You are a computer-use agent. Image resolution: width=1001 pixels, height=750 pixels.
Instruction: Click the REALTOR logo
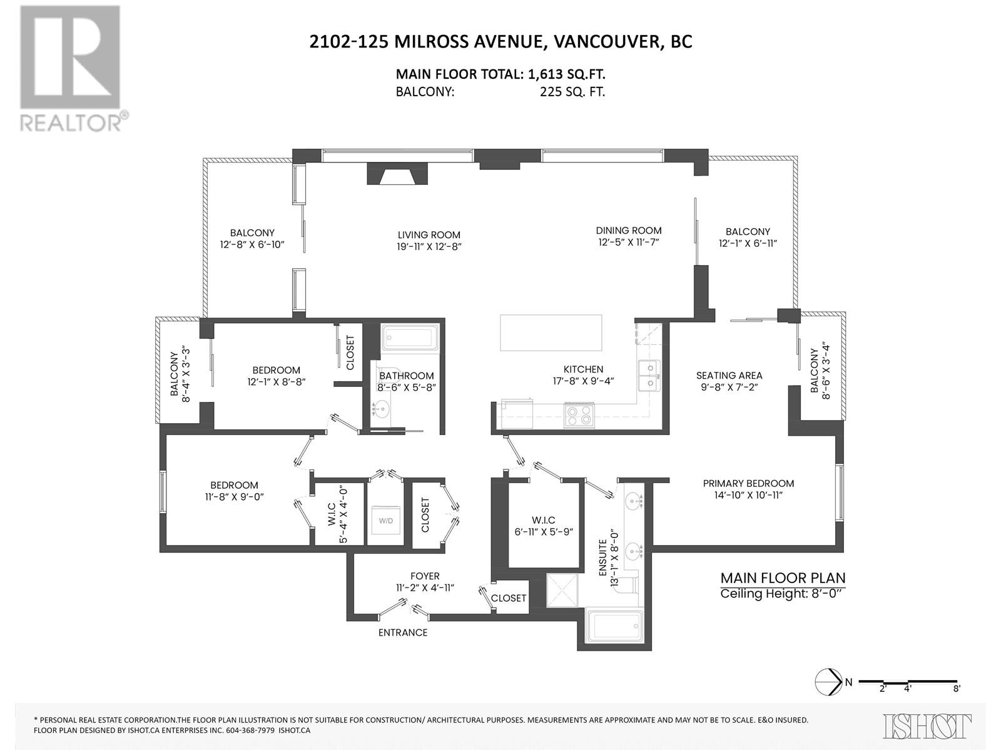coord(74,68)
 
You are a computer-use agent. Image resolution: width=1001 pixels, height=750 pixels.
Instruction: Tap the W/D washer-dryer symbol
coord(386,521)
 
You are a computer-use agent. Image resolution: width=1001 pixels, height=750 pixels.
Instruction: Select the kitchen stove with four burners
coord(579,414)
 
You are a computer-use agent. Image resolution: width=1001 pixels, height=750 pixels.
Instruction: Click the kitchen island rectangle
coord(551,332)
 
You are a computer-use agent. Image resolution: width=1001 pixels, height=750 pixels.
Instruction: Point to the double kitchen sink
coord(649,376)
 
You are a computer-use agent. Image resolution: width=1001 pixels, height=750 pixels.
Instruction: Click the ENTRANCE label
coord(403,632)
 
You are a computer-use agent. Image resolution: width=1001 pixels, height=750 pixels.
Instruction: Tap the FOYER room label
coord(425,576)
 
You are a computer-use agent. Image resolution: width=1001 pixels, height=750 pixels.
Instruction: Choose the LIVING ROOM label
coord(429,235)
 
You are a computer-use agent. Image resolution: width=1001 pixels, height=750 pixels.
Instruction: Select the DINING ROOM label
coord(628,231)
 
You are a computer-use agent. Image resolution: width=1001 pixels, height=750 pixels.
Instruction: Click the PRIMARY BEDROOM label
coord(748,483)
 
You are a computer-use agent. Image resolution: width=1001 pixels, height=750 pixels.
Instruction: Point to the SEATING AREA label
coord(729,376)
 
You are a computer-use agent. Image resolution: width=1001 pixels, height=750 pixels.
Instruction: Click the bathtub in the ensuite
coord(614,627)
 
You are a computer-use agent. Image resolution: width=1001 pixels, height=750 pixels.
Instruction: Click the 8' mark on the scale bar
coord(957,702)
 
